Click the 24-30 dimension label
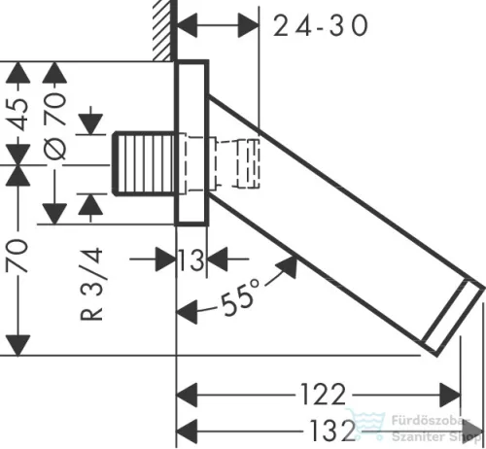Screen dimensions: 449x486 [321, 26]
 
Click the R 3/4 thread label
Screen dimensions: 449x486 [93, 283]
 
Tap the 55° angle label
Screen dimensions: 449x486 [240, 294]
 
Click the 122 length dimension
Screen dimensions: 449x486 [320, 395]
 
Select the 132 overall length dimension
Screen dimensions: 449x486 [320, 428]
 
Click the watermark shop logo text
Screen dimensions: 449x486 [428, 428]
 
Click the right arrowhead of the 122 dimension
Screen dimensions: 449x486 [452, 396]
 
